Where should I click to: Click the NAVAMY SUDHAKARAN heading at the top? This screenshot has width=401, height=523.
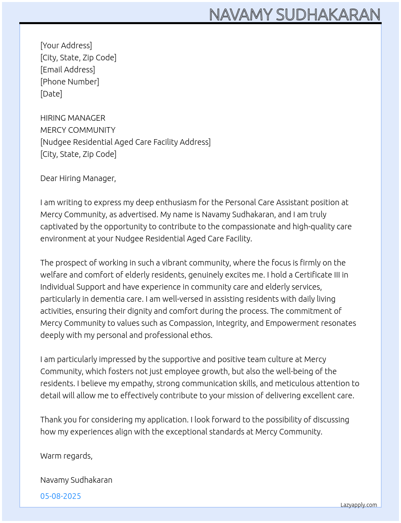pos(295,15)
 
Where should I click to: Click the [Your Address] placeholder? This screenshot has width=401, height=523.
pos(66,45)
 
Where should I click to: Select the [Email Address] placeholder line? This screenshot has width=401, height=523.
pos(68,70)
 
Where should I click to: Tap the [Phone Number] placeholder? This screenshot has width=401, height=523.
pos(70,82)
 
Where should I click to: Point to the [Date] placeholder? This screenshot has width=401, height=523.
pos(51,94)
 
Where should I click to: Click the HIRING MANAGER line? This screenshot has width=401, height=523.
pos(72,118)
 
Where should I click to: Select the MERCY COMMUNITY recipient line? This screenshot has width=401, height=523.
pos(78,130)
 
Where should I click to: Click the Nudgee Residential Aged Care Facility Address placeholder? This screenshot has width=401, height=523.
pos(125,142)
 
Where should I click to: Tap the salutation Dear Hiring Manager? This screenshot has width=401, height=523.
pos(78,178)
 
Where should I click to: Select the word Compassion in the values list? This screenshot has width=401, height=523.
pos(190,323)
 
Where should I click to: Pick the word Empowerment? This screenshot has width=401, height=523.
pos(290,323)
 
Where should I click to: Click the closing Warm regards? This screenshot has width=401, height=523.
pos(66,456)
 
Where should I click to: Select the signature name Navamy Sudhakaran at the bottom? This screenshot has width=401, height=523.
pos(76,480)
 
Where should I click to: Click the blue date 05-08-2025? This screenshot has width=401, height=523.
pos(60,496)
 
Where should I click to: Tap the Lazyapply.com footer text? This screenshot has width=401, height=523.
pos(358,505)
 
